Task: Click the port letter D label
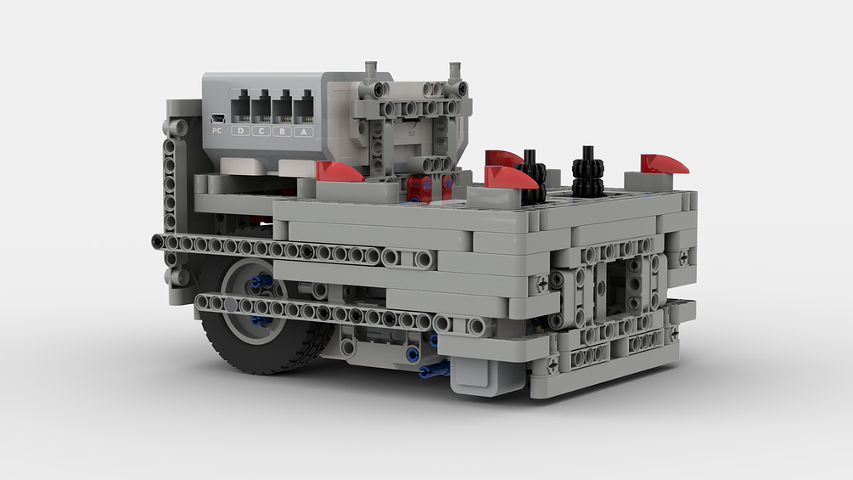[x=240, y=132]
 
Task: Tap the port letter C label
[x=261, y=132]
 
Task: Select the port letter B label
[x=283, y=132]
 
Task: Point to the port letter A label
[x=304, y=132]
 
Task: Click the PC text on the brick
[x=217, y=131]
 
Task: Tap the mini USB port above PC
[x=217, y=118]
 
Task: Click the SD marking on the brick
[x=412, y=133]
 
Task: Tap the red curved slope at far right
[x=665, y=163]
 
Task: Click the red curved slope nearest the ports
[x=340, y=172]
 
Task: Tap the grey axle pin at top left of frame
[x=370, y=74]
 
